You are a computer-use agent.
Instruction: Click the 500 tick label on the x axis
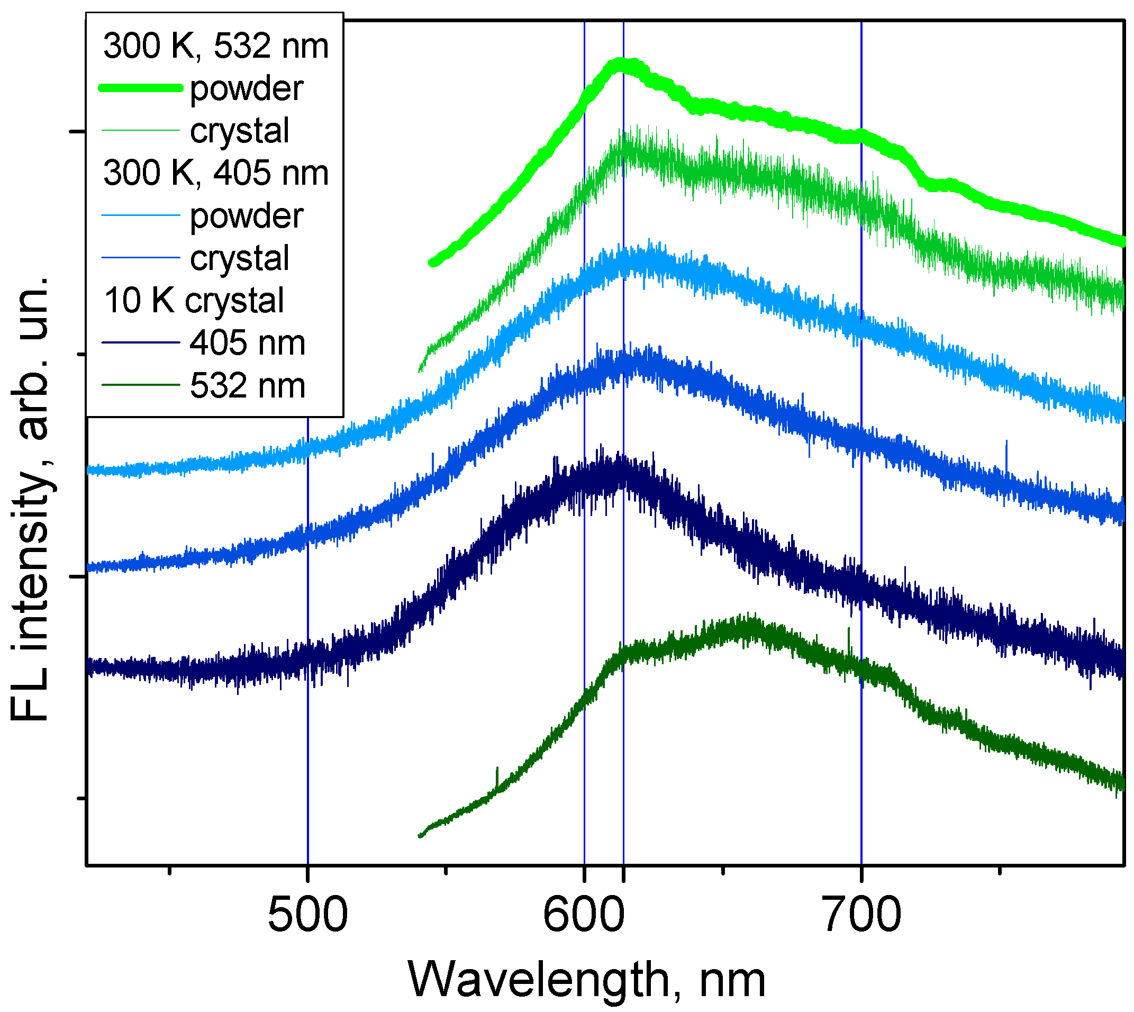point(307,915)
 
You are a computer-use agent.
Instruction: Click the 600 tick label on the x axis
point(584,915)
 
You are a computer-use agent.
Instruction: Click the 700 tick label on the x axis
point(860,915)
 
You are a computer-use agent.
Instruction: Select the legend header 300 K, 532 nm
point(216,46)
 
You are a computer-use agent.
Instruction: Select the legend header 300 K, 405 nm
point(216,173)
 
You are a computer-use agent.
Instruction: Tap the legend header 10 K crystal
point(194,301)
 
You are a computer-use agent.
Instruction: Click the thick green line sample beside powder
point(141,88)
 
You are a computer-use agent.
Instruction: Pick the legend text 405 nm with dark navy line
point(247,343)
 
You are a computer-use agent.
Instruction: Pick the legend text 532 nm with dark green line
point(247,386)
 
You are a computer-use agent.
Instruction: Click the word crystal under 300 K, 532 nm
point(240,131)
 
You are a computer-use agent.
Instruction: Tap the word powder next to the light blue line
point(246,216)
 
